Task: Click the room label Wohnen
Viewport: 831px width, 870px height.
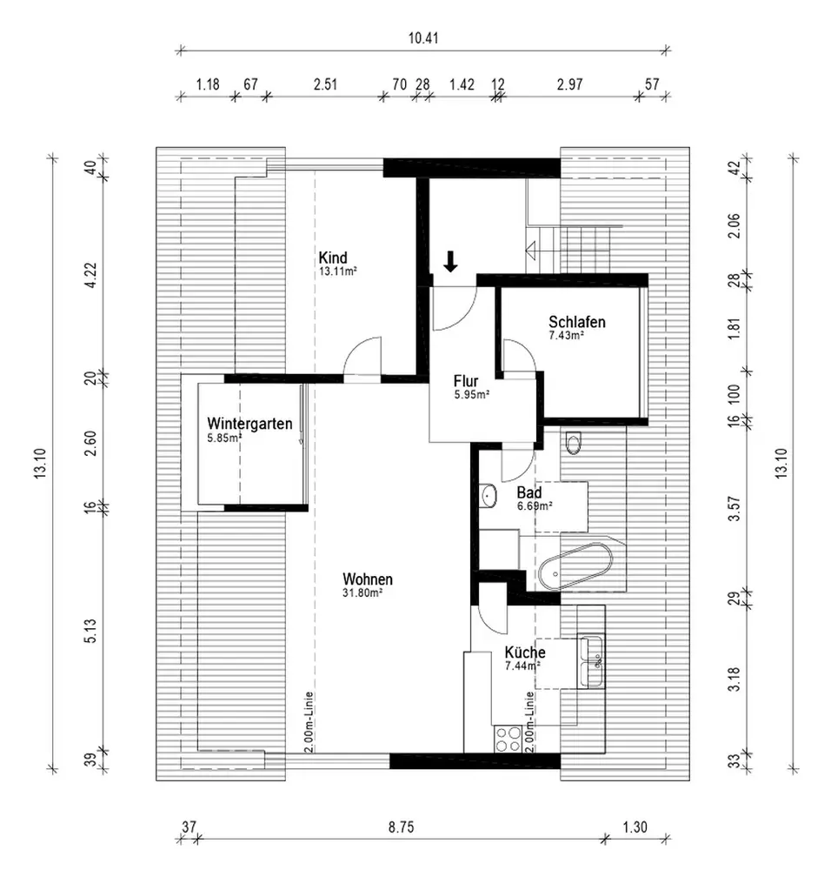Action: click(x=368, y=579)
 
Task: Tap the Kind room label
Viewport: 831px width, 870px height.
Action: click(x=333, y=258)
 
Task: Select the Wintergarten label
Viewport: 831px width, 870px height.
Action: click(x=249, y=424)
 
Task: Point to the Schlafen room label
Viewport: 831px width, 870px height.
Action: click(x=576, y=322)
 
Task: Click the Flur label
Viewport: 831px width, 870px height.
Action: click(x=466, y=381)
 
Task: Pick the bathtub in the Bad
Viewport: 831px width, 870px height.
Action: click(x=575, y=566)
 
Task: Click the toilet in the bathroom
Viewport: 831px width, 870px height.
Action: click(x=574, y=442)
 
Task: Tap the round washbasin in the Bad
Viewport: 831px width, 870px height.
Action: click(x=489, y=495)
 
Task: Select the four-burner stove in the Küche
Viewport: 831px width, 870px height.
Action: click(x=509, y=739)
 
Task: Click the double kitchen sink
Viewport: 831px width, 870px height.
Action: click(x=591, y=662)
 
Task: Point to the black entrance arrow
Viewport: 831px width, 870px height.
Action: click(x=450, y=261)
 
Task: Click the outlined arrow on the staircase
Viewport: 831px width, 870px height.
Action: click(x=540, y=251)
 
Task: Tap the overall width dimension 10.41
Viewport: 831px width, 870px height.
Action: click(x=423, y=38)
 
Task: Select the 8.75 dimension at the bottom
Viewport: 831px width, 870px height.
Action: click(x=401, y=827)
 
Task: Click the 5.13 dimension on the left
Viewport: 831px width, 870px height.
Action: click(x=90, y=631)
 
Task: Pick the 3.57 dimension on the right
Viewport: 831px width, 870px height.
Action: click(x=734, y=508)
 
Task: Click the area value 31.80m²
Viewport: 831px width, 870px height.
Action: click(x=362, y=592)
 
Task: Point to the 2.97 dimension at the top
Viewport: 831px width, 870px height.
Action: click(x=570, y=84)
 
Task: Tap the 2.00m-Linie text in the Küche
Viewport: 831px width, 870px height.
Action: click(x=529, y=721)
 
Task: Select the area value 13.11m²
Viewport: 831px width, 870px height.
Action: click(x=337, y=271)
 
